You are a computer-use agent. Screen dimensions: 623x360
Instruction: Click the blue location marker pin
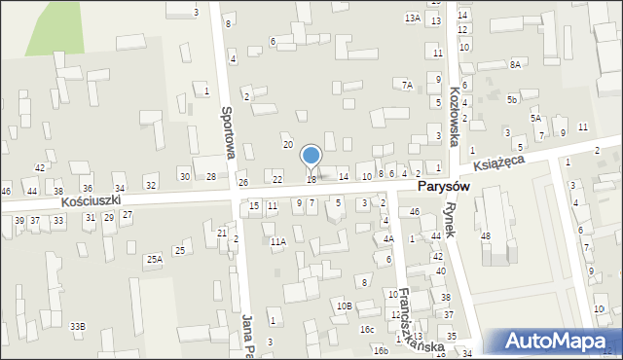pos(311,157)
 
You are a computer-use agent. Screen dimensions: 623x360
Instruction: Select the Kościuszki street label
pos(91,200)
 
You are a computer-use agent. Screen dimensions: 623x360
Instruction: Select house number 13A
pos(413,18)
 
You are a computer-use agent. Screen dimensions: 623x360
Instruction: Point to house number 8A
pos(515,64)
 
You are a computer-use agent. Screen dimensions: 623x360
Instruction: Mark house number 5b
pos(511,99)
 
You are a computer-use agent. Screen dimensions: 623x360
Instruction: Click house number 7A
pos(408,86)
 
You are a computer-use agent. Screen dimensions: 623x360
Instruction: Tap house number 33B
pos(77,326)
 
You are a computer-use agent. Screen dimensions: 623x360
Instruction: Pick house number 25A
pos(154,260)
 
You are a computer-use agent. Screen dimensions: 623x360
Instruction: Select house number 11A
pos(278,241)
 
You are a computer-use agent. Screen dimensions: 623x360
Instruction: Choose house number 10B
pos(344,306)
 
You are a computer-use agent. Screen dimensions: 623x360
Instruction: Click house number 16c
pos(367,329)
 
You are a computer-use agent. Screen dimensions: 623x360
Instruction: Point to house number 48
pos(486,236)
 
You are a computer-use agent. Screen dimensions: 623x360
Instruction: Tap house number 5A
pos(535,118)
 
